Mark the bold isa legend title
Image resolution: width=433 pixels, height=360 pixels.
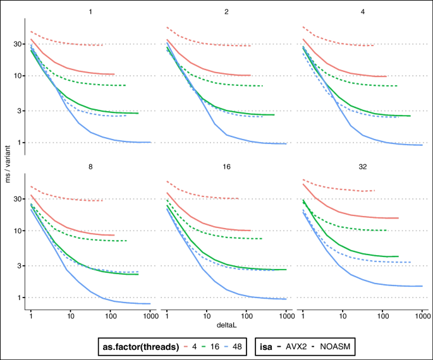[x=267, y=346]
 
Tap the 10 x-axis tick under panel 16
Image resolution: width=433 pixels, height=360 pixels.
[x=207, y=314]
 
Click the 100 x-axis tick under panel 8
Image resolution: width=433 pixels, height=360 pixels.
[x=111, y=314]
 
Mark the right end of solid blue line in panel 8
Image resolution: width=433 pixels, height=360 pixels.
[x=150, y=304]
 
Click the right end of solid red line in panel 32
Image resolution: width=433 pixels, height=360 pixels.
[x=398, y=218]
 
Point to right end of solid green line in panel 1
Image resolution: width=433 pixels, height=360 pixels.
[x=138, y=114]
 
